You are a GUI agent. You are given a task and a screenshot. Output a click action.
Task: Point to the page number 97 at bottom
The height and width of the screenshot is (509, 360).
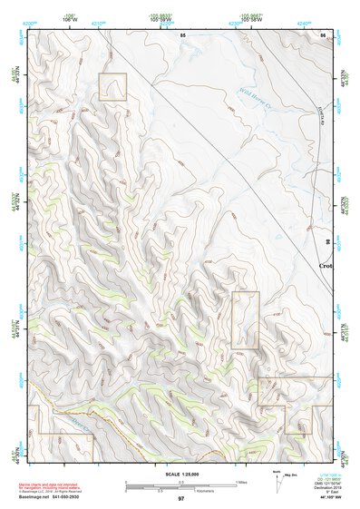point(180,499)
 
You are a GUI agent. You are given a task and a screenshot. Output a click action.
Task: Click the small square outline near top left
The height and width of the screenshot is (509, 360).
point(112,87)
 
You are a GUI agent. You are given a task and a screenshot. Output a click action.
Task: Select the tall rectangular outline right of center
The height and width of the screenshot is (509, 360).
point(245,320)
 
